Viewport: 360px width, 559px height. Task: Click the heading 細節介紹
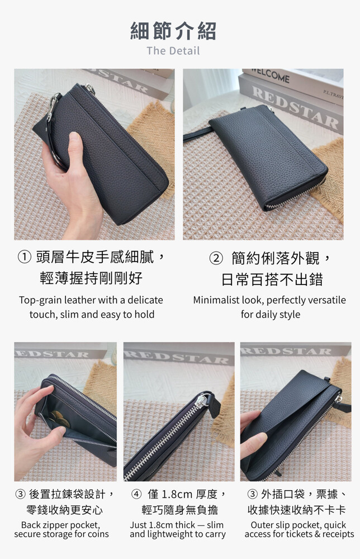point(173,31)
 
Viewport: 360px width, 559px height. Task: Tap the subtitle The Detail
point(173,51)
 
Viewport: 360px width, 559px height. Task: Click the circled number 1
point(24,257)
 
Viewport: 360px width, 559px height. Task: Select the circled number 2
point(216,258)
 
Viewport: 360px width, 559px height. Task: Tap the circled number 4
point(136,494)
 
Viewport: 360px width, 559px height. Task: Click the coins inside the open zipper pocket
point(59,418)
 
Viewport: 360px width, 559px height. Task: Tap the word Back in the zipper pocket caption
point(31,525)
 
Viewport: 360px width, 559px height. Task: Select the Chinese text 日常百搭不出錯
point(272,279)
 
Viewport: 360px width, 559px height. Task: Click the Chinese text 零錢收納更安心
point(64,510)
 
